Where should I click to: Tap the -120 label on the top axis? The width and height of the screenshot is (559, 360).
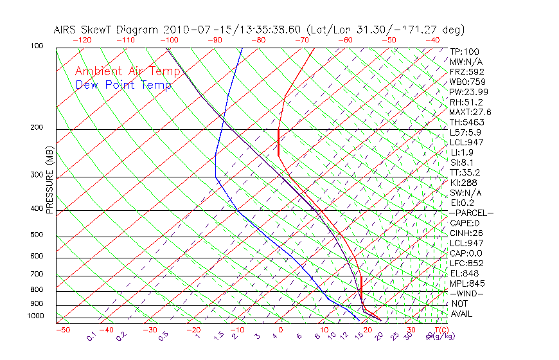tap(82, 40)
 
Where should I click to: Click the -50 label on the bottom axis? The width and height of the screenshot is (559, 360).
tap(62, 330)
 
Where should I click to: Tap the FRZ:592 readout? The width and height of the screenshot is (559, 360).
tap(467, 71)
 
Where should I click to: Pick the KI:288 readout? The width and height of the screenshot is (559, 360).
tap(464, 183)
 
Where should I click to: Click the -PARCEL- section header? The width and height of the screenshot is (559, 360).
tap(472, 213)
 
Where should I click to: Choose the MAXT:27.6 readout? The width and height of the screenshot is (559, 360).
tap(470, 112)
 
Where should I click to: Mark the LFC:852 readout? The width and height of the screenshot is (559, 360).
tap(466, 264)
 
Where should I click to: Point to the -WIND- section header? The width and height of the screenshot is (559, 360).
tap(466, 294)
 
